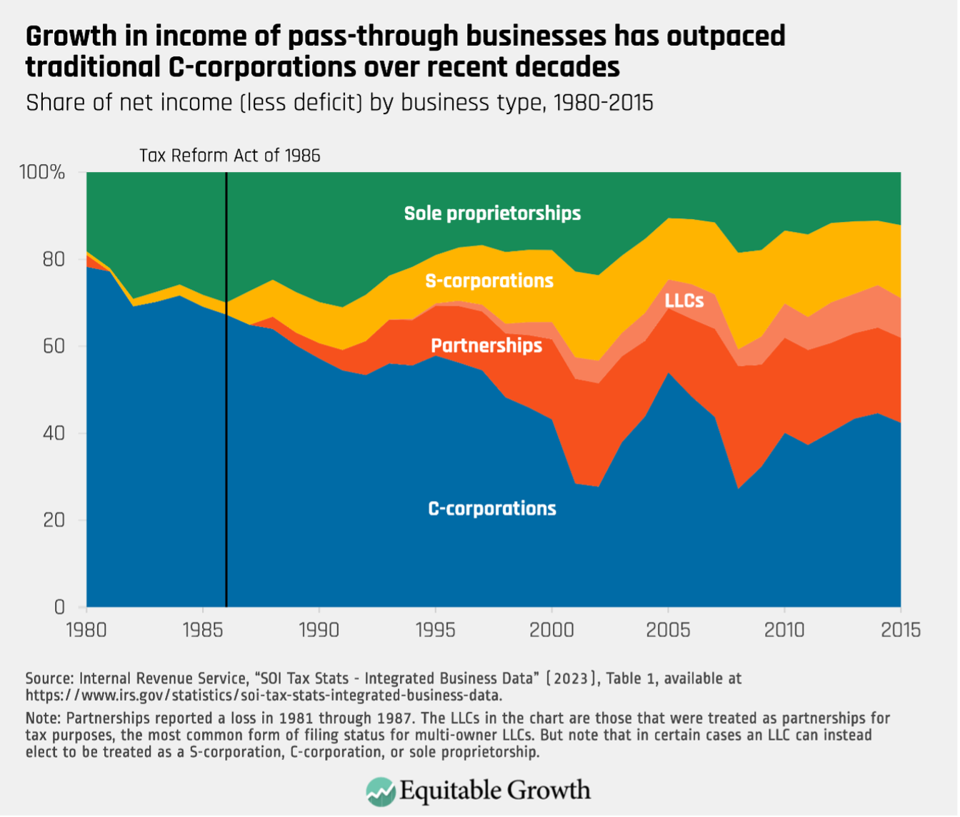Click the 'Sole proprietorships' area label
coord(492,213)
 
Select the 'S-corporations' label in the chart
coord(489,280)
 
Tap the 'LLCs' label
coord(684,300)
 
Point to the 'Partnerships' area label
coord(486,346)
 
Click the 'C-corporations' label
coord(492,509)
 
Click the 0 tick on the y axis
coord(61,607)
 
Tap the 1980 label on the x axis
coord(86,631)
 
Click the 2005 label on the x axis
coord(667,631)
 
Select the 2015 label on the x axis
coord(899,631)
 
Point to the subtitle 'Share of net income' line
coord(339,103)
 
